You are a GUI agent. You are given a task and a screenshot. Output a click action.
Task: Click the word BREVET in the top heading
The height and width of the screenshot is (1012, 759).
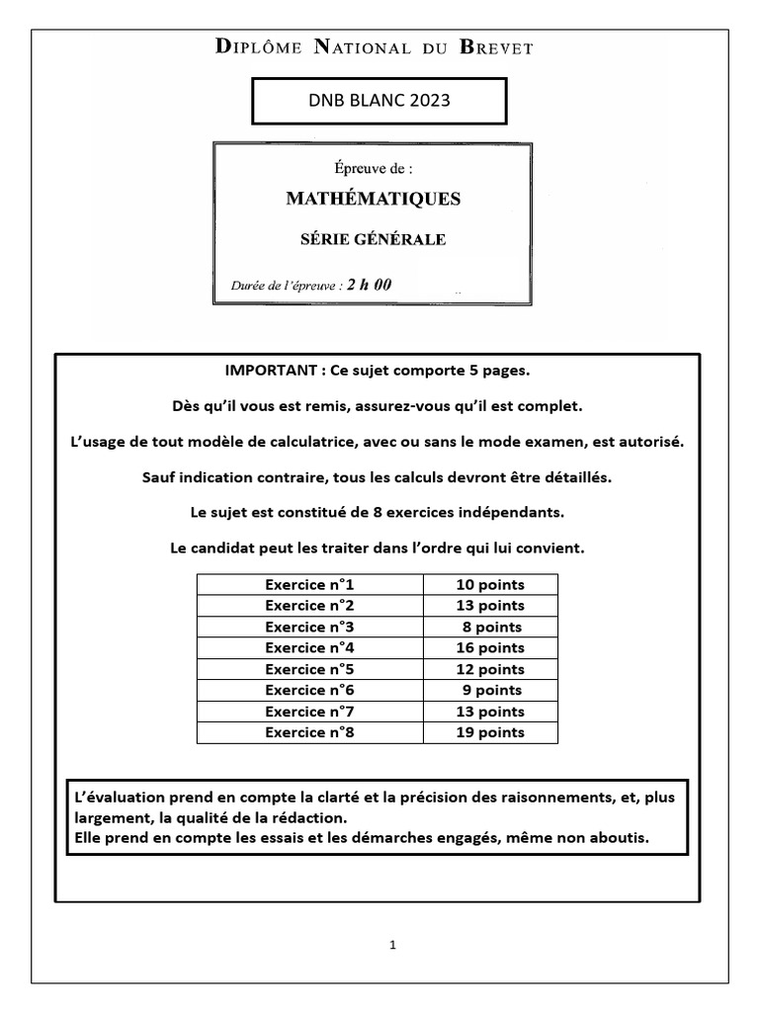point(493,47)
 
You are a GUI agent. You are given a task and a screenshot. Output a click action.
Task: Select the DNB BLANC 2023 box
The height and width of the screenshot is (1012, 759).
point(379,101)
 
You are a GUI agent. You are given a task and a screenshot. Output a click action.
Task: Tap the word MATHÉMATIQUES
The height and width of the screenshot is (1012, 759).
point(374,199)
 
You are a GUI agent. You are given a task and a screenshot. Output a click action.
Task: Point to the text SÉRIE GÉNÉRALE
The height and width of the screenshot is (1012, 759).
point(373,239)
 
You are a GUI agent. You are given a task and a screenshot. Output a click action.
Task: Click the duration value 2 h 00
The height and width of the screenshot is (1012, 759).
point(369,285)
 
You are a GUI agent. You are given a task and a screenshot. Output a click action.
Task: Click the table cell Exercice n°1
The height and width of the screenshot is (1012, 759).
point(309,584)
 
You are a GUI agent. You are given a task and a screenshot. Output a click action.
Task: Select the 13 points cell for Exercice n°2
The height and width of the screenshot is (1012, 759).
point(490,606)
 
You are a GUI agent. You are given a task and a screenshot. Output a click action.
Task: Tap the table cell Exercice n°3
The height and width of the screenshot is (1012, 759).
point(309,627)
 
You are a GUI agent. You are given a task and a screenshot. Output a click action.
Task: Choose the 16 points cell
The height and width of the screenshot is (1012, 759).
point(490,648)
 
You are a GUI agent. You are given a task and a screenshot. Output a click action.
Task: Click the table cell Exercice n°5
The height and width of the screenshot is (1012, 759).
point(309,669)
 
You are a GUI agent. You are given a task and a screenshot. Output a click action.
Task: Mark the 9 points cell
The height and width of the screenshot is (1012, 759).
point(491,691)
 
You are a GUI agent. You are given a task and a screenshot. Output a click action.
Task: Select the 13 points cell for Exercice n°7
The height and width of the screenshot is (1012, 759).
point(490,712)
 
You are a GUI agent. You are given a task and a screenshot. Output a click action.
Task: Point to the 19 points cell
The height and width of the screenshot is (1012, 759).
point(490,732)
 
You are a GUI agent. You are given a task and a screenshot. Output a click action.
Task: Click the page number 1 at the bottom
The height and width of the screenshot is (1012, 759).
point(392,945)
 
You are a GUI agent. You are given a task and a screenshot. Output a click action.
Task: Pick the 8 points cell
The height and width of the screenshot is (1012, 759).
point(491,627)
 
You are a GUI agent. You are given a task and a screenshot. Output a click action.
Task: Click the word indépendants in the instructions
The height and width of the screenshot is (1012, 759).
point(515,513)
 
